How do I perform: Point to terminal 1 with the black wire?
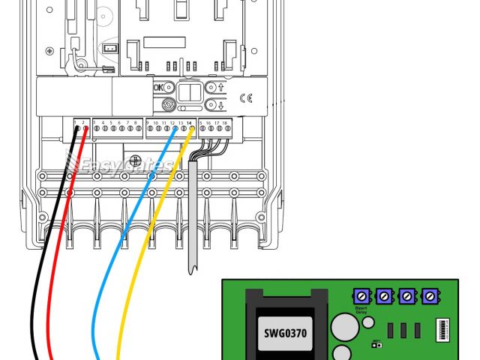77,128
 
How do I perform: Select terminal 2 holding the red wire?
85,128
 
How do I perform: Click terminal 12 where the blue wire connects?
175,128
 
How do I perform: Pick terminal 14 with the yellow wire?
192,128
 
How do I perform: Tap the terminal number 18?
225,121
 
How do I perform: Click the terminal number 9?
148,121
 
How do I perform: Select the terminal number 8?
135,121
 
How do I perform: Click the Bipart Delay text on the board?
361,311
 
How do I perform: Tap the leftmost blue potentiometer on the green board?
361,297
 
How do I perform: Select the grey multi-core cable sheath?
193,217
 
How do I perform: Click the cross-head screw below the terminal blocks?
135,160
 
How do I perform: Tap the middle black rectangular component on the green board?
404,329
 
